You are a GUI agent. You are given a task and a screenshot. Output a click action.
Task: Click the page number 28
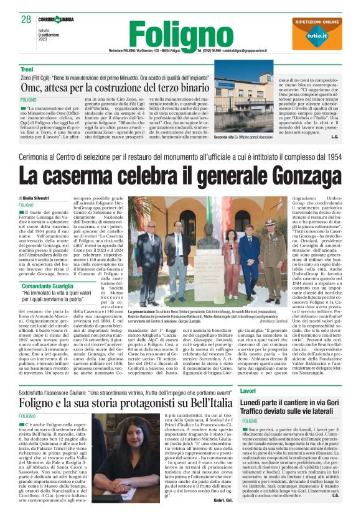point(26,19)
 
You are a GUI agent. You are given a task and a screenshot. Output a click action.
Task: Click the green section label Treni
point(27,69)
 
